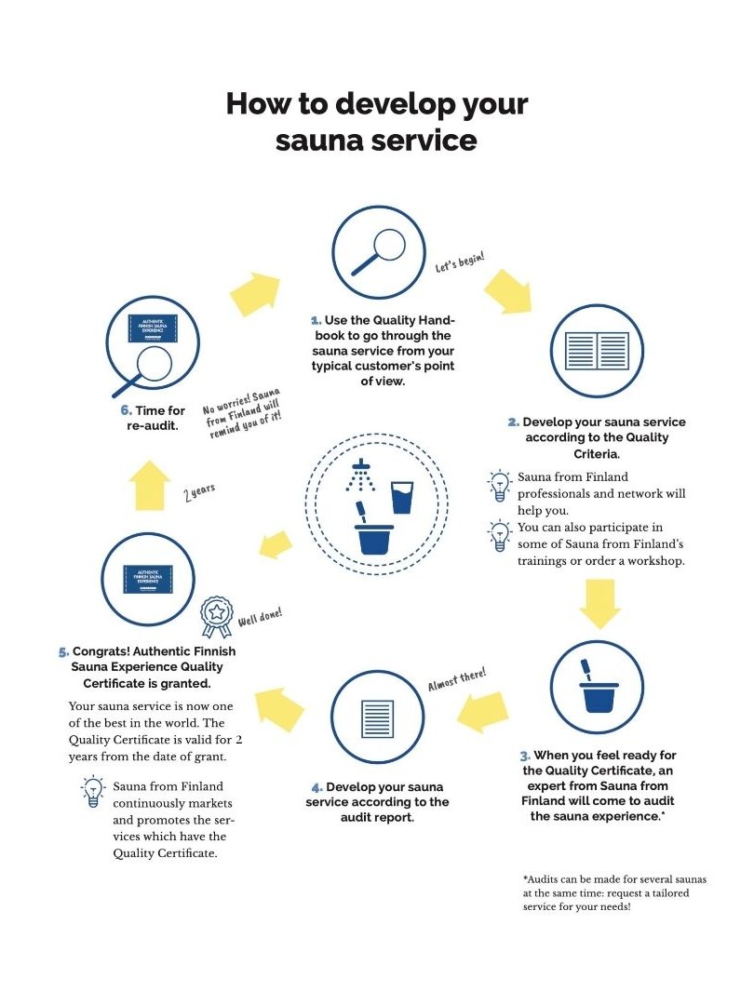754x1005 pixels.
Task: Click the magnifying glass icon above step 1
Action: [x=379, y=252]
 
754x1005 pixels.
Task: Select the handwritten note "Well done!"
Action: [x=260, y=617]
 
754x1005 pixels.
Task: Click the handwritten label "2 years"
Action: [x=199, y=492]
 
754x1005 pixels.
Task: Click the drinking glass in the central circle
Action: [x=402, y=496]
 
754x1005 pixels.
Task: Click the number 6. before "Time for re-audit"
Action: [x=127, y=410]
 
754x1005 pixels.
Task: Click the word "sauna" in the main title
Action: [x=317, y=141]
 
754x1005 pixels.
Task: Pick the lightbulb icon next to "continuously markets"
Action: [x=93, y=792]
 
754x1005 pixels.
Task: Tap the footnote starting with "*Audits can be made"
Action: [x=613, y=892]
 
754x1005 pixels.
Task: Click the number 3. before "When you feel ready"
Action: [x=525, y=756]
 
